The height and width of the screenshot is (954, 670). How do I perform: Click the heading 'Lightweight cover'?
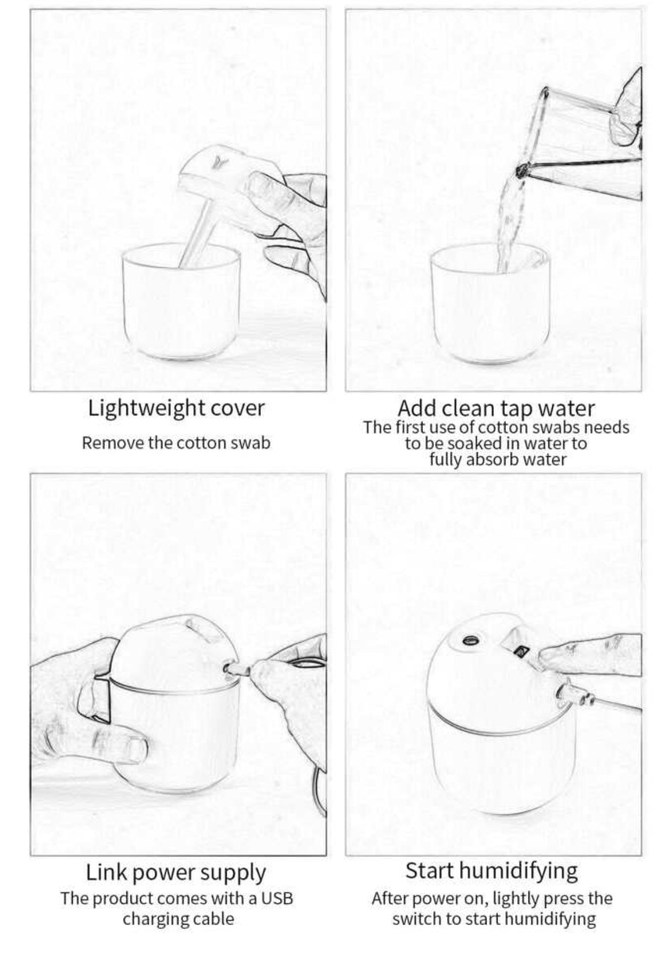[x=176, y=409]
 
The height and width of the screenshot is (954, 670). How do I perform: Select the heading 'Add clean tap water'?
[x=496, y=409]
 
